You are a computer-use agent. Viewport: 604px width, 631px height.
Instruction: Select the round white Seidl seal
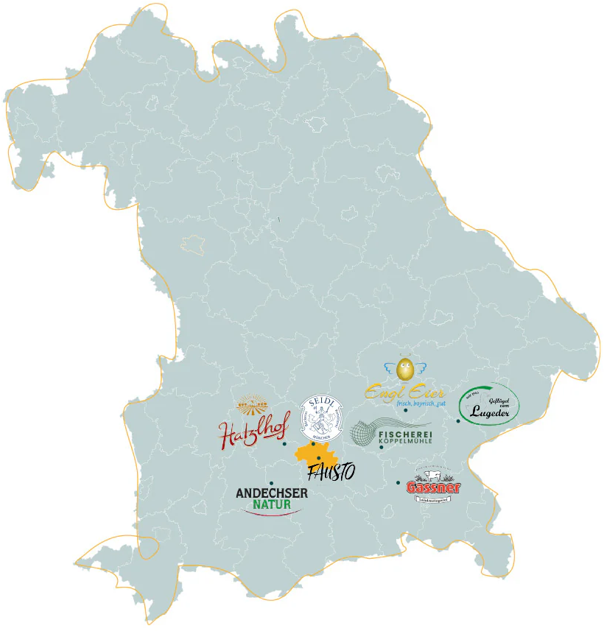pos(322,417)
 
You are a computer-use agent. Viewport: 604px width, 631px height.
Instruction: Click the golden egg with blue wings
pos(404,369)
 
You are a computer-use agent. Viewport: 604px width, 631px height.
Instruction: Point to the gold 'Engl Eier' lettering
pos(404,391)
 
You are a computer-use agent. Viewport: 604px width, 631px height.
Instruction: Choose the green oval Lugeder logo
pos(488,406)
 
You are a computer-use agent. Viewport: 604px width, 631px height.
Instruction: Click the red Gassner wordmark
pos(434,487)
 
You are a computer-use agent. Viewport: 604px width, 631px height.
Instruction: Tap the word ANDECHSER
pos(271,493)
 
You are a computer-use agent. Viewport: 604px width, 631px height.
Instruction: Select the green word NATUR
pos(272,505)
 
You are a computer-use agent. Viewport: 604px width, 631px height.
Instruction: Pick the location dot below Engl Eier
pos(405,409)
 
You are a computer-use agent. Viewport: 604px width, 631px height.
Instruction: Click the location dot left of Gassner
pos(398,483)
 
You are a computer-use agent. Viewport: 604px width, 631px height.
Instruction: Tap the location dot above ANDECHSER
pos(272,483)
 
